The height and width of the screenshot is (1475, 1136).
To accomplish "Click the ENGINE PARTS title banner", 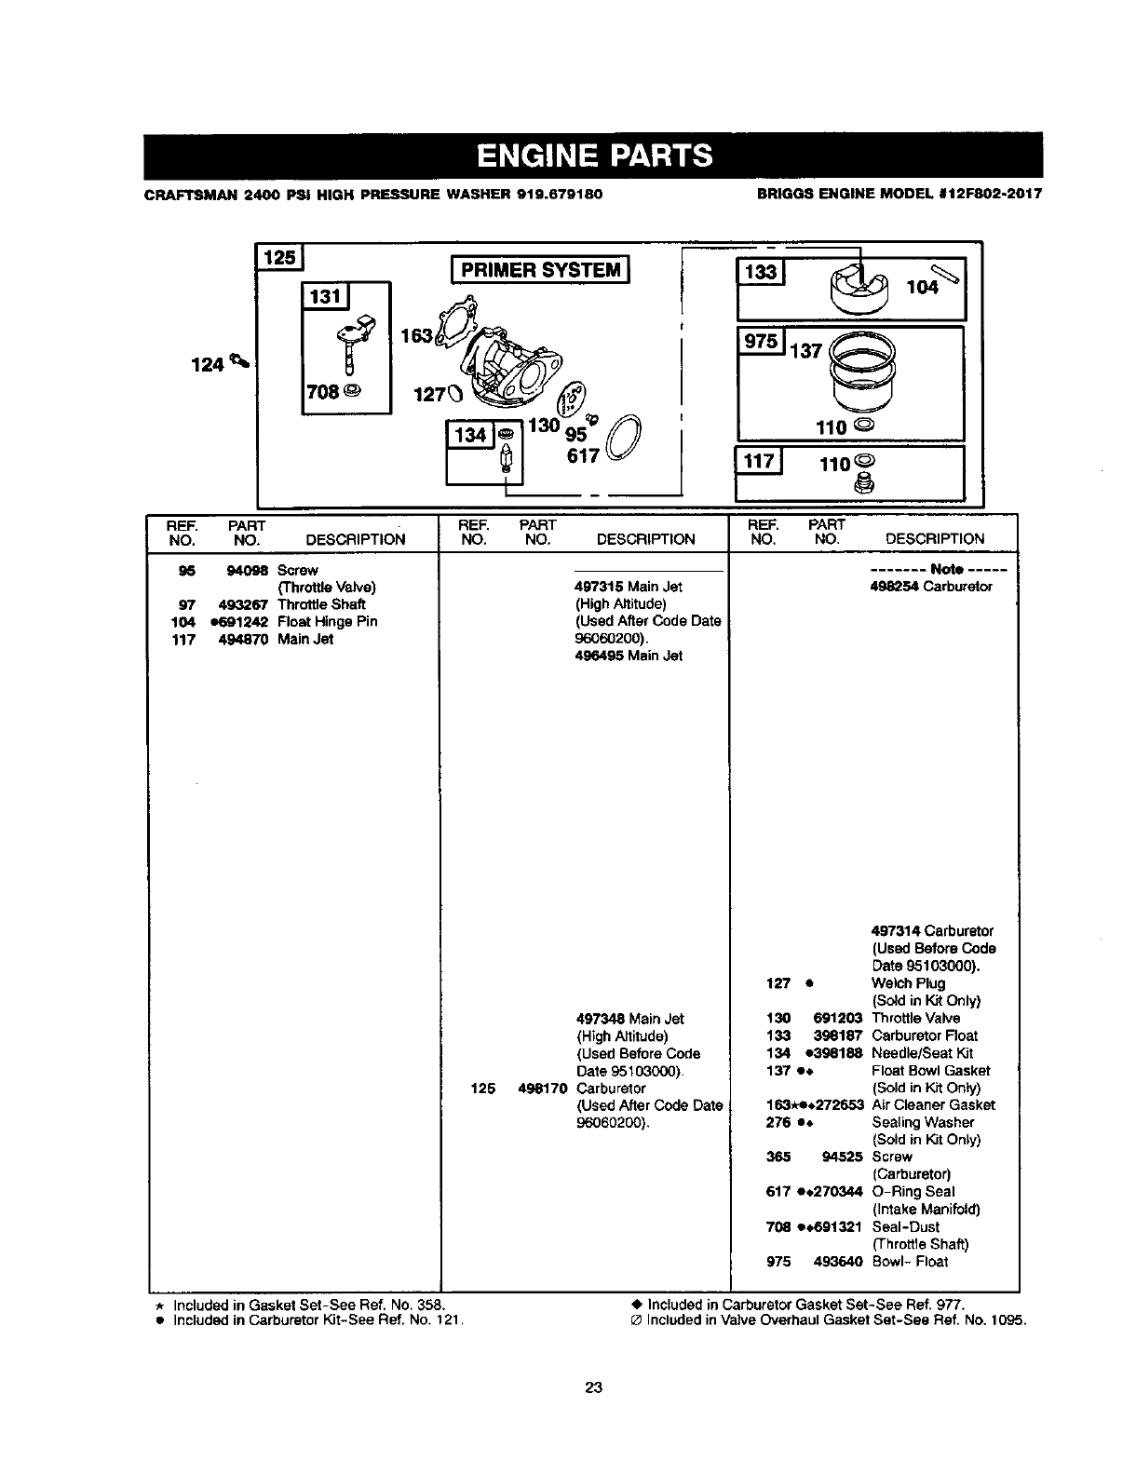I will click(593, 156).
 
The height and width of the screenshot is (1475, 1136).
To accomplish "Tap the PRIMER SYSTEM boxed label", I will click(540, 270).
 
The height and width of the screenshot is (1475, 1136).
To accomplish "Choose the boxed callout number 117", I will click(759, 461).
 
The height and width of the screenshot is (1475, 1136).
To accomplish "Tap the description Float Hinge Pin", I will click(327, 621).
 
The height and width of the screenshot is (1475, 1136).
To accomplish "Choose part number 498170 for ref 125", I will click(542, 1088).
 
